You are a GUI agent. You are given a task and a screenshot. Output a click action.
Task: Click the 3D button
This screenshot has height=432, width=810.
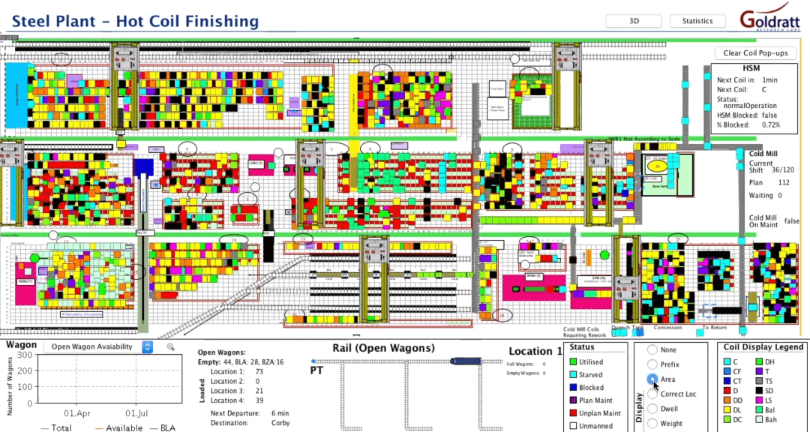pos(634,21)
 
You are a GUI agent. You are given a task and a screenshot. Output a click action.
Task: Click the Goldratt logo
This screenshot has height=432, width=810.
pos(769,20)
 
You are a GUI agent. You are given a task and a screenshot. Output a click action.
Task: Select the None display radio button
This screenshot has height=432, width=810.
pos(652,349)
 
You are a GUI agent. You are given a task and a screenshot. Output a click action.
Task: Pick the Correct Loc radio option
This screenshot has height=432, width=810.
pos(652,394)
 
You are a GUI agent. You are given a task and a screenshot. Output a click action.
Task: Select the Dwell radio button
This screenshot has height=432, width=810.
pos(652,409)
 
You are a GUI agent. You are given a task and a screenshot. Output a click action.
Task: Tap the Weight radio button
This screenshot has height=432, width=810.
pos(652,423)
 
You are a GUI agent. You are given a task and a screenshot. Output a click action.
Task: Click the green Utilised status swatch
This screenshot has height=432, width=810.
pos(574,361)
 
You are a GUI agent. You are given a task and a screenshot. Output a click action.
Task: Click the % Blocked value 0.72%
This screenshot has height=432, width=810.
pos(770,124)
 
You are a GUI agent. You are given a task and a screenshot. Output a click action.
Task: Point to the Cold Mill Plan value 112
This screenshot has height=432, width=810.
pos(784,182)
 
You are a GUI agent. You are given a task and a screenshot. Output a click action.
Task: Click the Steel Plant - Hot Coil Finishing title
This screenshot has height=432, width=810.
pos(135,22)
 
